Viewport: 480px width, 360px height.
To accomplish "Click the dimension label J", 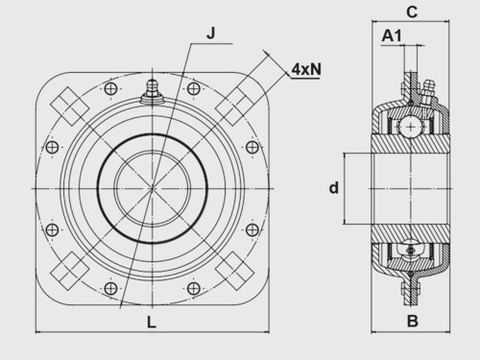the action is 211,33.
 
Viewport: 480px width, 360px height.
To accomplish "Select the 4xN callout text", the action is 306,69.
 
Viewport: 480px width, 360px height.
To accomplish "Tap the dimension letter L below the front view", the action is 152,322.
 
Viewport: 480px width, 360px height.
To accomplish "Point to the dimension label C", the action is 412,12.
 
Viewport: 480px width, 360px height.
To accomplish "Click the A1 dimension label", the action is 392,36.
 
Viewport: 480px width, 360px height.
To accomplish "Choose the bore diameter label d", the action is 334,188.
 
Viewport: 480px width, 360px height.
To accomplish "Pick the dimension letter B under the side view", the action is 413,321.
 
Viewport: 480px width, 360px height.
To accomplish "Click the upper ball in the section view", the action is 411,128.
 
